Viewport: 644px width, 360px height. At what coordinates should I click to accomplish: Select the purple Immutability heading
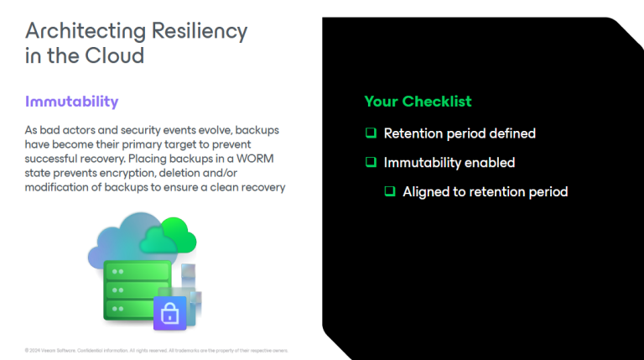(x=71, y=102)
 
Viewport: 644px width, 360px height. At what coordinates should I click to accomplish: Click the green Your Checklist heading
(x=418, y=102)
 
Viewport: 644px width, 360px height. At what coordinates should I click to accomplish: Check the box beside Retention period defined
(x=370, y=133)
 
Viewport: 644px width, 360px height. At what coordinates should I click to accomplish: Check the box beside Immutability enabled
(x=370, y=163)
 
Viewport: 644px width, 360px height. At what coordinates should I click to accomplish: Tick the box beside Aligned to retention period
(x=389, y=191)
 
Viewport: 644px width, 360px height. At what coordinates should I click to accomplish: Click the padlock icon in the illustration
(x=169, y=314)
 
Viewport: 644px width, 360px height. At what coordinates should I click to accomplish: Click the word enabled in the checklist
(x=491, y=163)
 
